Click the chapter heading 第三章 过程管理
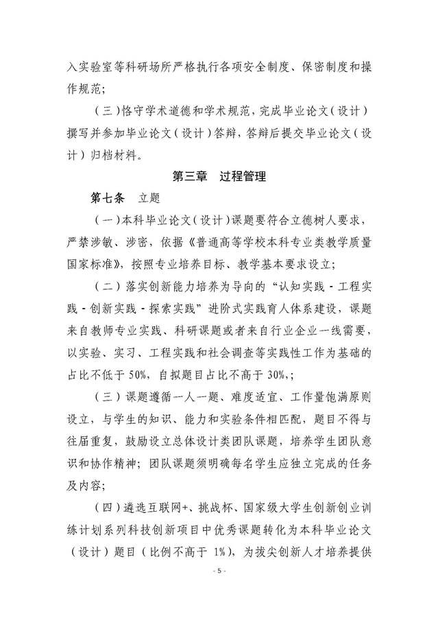[219, 176]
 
